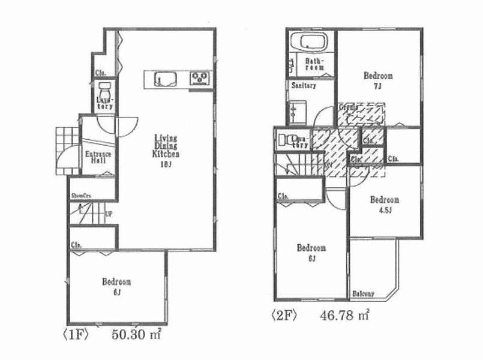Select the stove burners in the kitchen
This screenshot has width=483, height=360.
[200, 78]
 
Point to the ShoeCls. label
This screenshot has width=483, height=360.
[81, 196]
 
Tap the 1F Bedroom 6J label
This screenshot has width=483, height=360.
[116, 286]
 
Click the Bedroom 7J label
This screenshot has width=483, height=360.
[378, 80]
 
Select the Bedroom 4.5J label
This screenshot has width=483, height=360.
[384, 204]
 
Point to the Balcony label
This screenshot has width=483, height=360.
[364, 293]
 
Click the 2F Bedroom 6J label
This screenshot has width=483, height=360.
[311, 252]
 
